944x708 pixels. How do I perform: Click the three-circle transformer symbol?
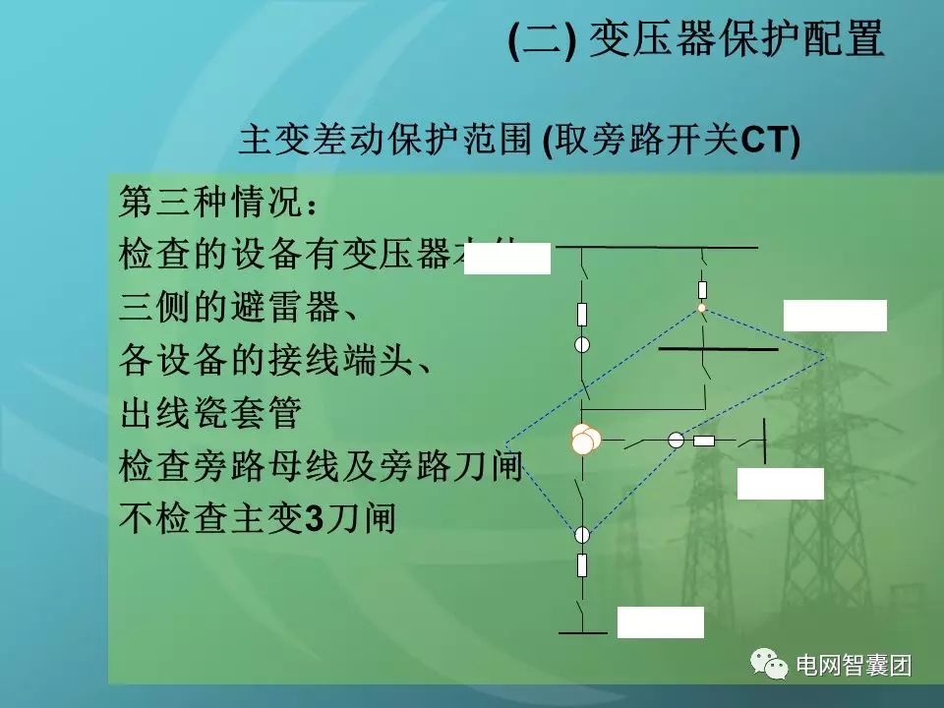coord(585,440)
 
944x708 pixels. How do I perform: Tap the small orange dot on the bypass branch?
coord(702,308)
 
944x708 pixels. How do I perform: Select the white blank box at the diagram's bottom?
coord(660,622)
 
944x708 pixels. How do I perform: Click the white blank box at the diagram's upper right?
coord(834,316)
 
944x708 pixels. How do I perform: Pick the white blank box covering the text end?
coord(506,259)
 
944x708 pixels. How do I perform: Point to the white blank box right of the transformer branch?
coord(780,484)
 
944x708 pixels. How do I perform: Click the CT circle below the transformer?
coord(582,535)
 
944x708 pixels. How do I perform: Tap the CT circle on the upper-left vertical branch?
coord(582,344)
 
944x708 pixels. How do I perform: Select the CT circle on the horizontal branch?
coord(676,441)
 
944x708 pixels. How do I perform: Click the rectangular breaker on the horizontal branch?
coord(704,441)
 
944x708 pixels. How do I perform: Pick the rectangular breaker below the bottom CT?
coord(582,565)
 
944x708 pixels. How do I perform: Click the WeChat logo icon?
coord(769,666)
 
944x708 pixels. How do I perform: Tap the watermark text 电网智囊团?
coord(854,666)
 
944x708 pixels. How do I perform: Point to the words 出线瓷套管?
coord(208,412)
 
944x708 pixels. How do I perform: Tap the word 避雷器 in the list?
coord(298,308)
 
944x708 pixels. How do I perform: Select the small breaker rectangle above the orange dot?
coord(702,289)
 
